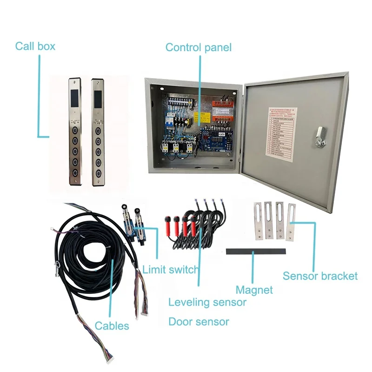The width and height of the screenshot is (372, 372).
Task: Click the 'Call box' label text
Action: pos(35,46)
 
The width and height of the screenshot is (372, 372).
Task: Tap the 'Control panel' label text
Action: pos(199,47)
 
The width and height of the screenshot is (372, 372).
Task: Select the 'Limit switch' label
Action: pos(171,269)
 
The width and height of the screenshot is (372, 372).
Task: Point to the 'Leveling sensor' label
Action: pos(207,302)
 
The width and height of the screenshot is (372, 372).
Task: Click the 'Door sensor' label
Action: pos(199,321)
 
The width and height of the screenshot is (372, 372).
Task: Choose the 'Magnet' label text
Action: pos(254,290)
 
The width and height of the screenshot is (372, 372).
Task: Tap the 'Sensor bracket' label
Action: pos(320,276)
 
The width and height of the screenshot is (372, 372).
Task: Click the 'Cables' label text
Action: pos(112,325)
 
